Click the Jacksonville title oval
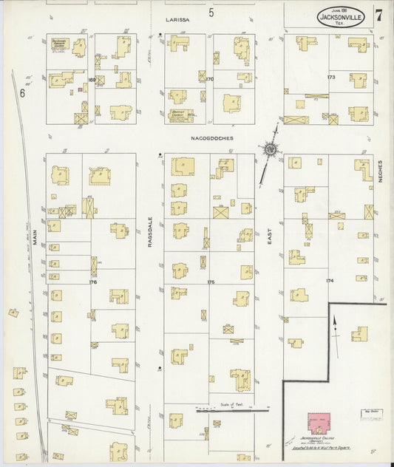pyautogui.click(x=344, y=16)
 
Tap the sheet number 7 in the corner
pyautogui.click(x=379, y=14)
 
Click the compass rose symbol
pyautogui.click(x=271, y=150)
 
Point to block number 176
pyautogui.click(x=92, y=282)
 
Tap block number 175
pyautogui.click(x=211, y=282)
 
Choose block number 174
pyautogui.click(x=330, y=282)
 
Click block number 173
pyautogui.click(x=330, y=76)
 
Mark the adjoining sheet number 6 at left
pyautogui.click(x=23, y=93)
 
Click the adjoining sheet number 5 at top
pyautogui.click(x=211, y=13)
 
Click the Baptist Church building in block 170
pyautogui.click(x=181, y=115)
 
